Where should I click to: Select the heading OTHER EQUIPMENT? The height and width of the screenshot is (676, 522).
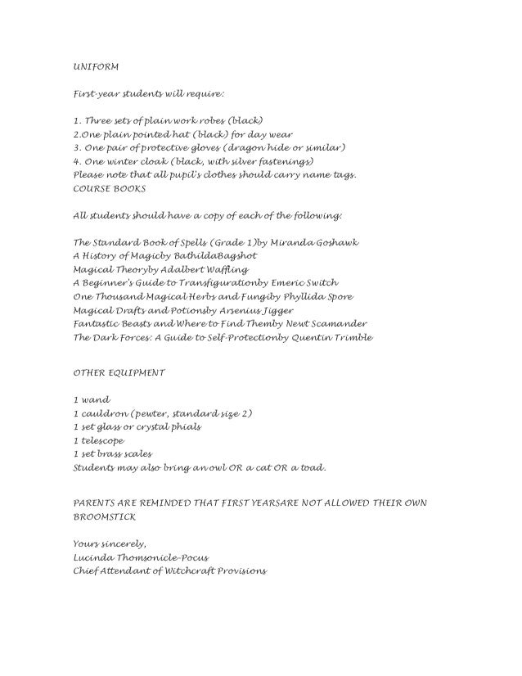(x=119, y=372)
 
